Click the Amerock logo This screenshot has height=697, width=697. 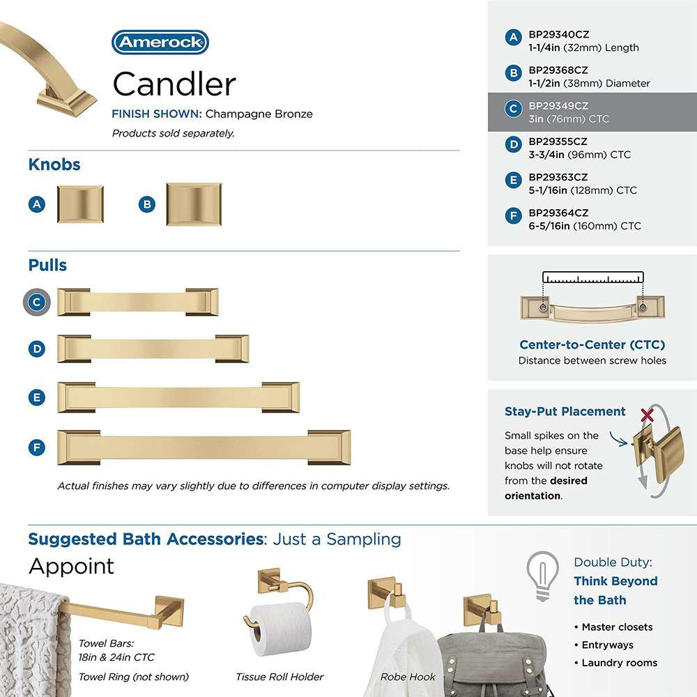[x=160, y=43]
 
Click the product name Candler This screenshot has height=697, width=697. [x=174, y=85]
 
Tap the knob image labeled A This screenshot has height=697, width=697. [x=80, y=204]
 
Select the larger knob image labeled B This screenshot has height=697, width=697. [x=193, y=204]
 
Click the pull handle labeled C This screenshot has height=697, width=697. [x=137, y=302]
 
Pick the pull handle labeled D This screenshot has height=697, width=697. [x=153, y=348]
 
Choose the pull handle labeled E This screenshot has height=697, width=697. [x=178, y=397]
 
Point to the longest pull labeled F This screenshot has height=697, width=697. [x=204, y=447]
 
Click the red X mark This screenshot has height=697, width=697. [x=648, y=416]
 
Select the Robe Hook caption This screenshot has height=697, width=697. [x=408, y=676]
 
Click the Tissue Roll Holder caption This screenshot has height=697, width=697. [x=279, y=676]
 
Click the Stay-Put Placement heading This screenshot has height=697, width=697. [x=565, y=411]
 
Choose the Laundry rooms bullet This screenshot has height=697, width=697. [x=619, y=663]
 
